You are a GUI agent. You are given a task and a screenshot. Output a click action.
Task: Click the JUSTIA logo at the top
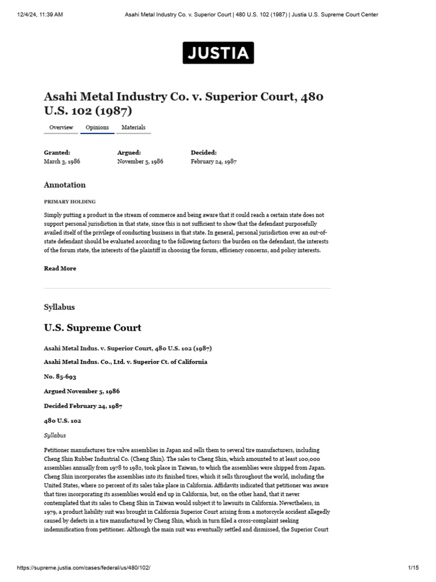pos(218,53)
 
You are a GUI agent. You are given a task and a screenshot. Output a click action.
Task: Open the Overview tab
pos(61,128)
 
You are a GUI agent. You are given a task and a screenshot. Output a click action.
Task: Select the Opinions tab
pos(97,128)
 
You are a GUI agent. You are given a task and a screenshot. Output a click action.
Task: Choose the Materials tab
pos(133,128)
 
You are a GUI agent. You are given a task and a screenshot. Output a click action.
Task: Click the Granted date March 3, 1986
pos(62,161)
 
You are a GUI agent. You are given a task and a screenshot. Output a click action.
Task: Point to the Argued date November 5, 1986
pos(140,161)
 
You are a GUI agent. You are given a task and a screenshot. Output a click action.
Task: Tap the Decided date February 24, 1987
pos(213,161)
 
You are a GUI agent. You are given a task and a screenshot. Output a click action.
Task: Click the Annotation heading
pos(65,185)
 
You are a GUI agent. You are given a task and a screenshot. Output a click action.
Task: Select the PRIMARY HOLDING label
pos(70,202)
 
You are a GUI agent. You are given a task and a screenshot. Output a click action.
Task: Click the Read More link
pos(60,268)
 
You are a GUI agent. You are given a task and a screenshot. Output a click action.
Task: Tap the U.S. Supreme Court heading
pos(93,328)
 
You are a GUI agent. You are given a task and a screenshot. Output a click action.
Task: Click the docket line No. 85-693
pos(60,376)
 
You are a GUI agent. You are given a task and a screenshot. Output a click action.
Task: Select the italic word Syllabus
pos(55,435)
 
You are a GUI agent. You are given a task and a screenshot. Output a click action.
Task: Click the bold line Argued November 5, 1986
pos(82,391)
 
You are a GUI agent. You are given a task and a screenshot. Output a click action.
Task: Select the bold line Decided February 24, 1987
pos(83,406)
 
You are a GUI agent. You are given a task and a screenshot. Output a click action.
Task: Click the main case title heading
pos(183,103)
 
